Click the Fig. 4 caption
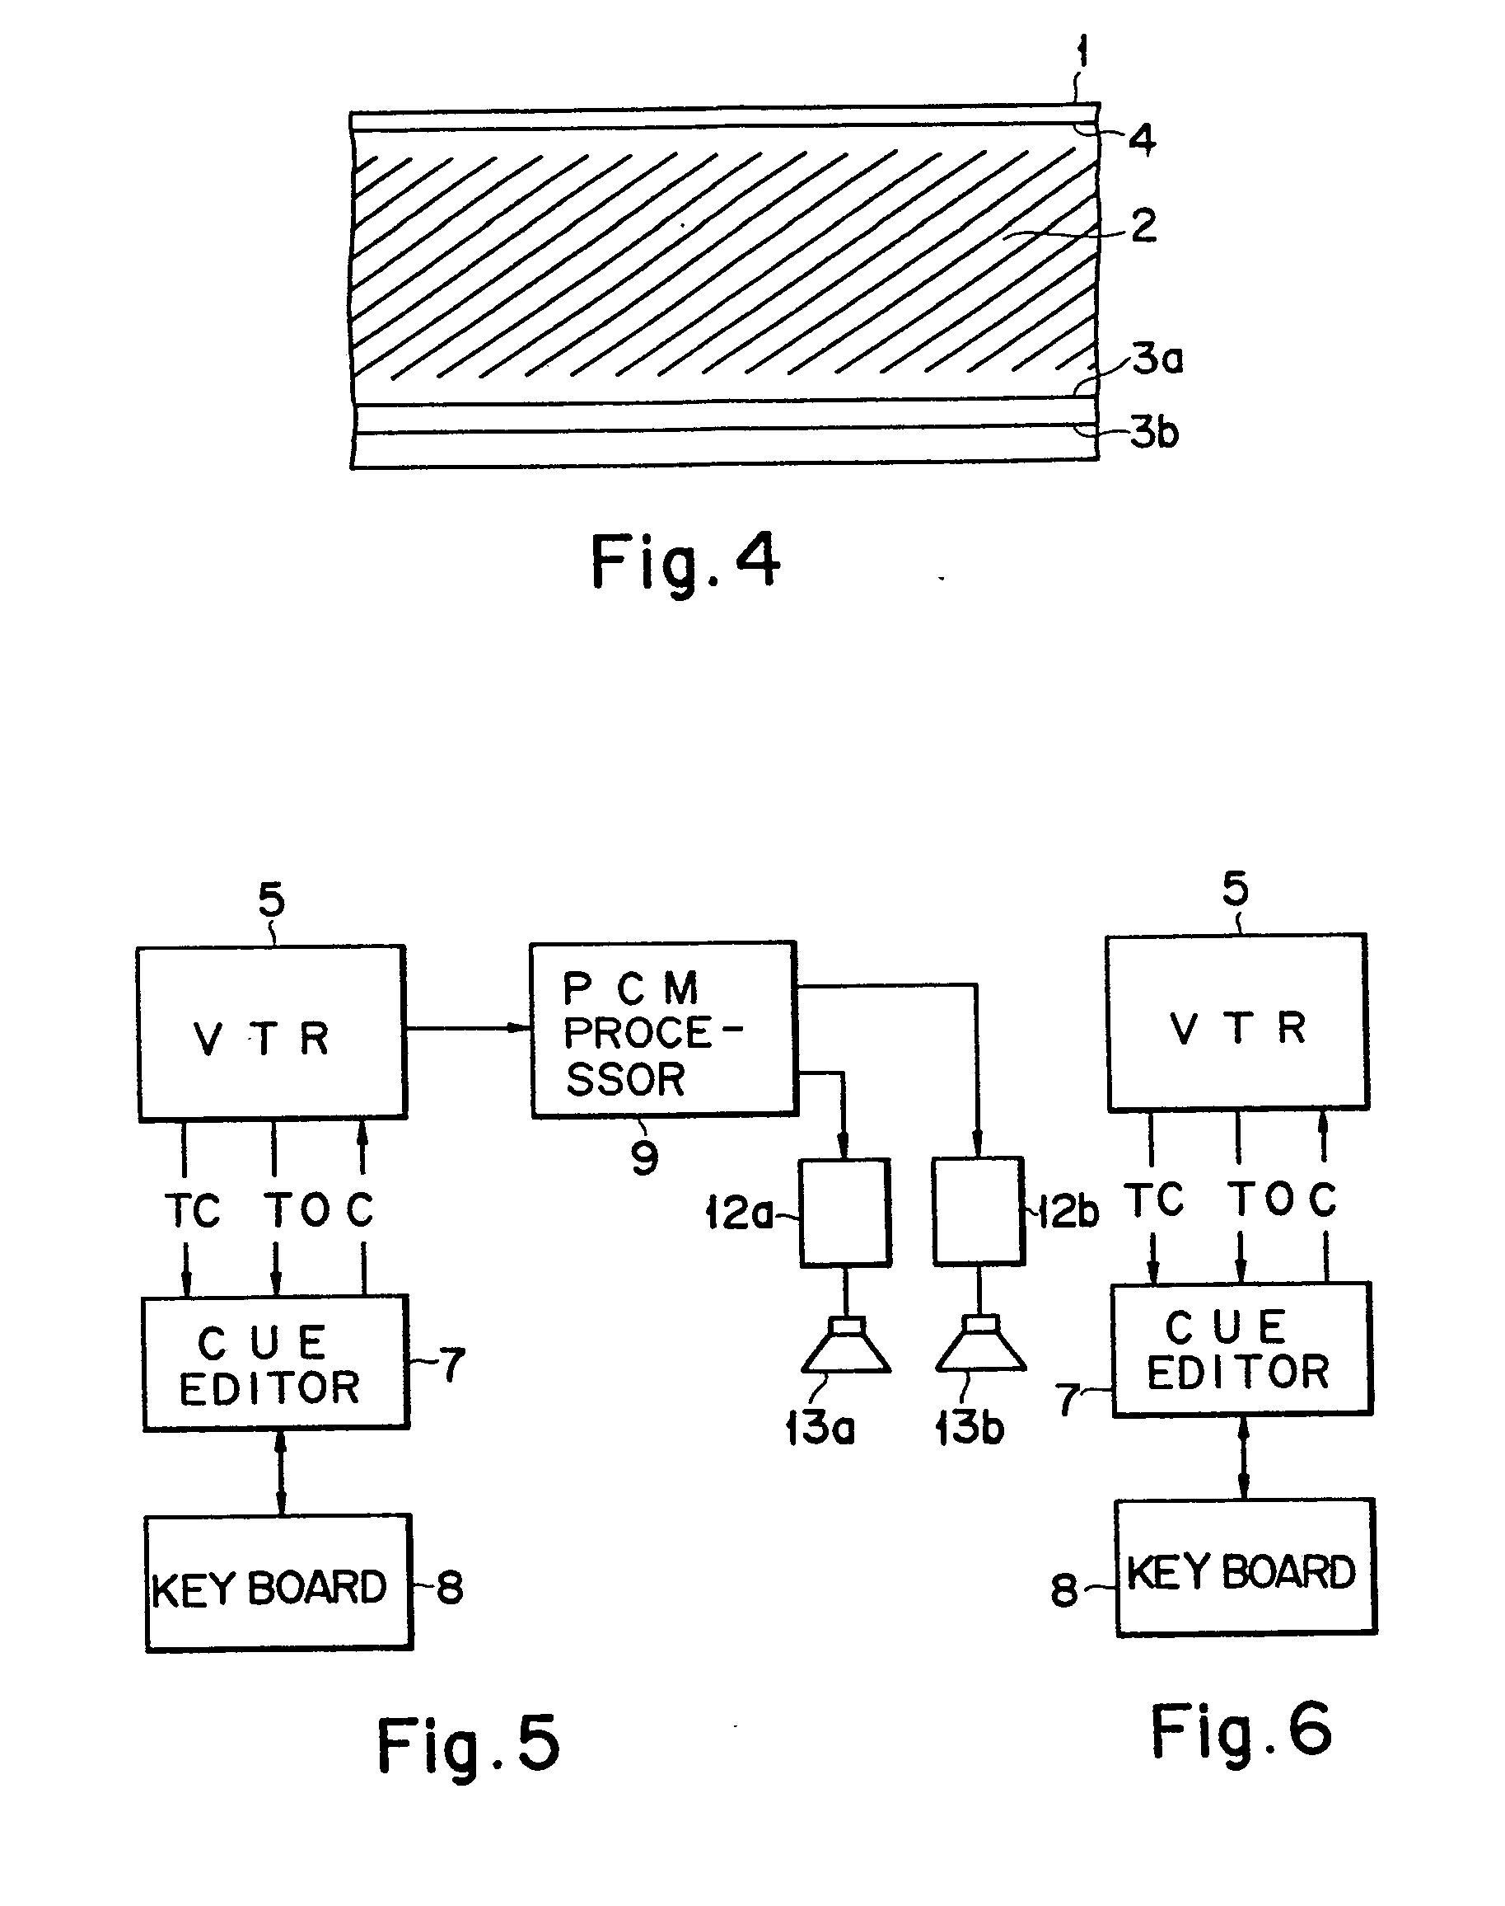pyautogui.click(x=685, y=561)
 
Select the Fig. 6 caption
pyautogui.click(x=1241, y=1730)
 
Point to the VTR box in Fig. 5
pyautogui.click(x=271, y=1033)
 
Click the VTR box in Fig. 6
pyautogui.click(x=1237, y=1022)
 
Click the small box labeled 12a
pyautogui.click(x=845, y=1213)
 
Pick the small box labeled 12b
pyautogui.click(x=978, y=1211)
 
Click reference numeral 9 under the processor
pyautogui.click(x=645, y=1157)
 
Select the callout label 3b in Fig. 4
pyautogui.click(x=1154, y=432)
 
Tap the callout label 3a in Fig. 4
pyautogui.click(x=1157, y=359)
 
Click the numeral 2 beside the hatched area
pyautogui.click(x=1143, y=226)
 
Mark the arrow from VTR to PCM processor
pyautogui.click(x=468, y=1028)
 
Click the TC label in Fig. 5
pyautogui.click(x=192, y=1210)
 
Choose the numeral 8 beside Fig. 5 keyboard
pyautogui.click(x=450, y=1588)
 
